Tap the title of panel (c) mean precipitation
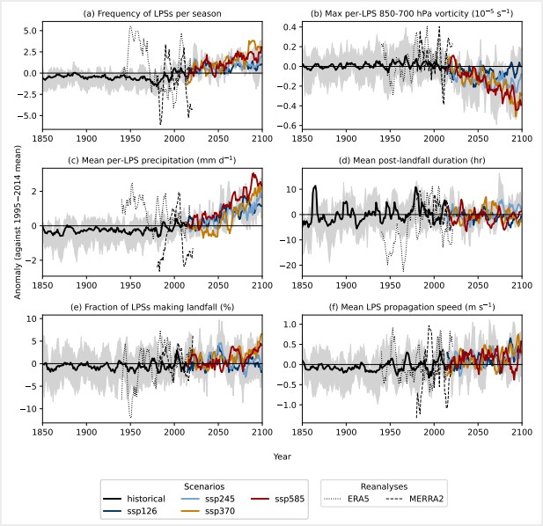pos(152,158)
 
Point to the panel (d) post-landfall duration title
pos(412,158)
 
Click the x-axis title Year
pos(282,457)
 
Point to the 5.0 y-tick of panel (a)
pos(29,31)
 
